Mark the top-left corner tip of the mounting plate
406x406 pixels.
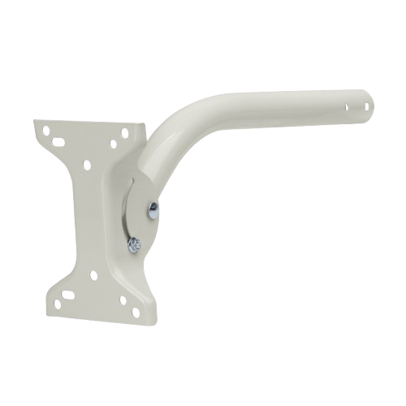tap(35, 121)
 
